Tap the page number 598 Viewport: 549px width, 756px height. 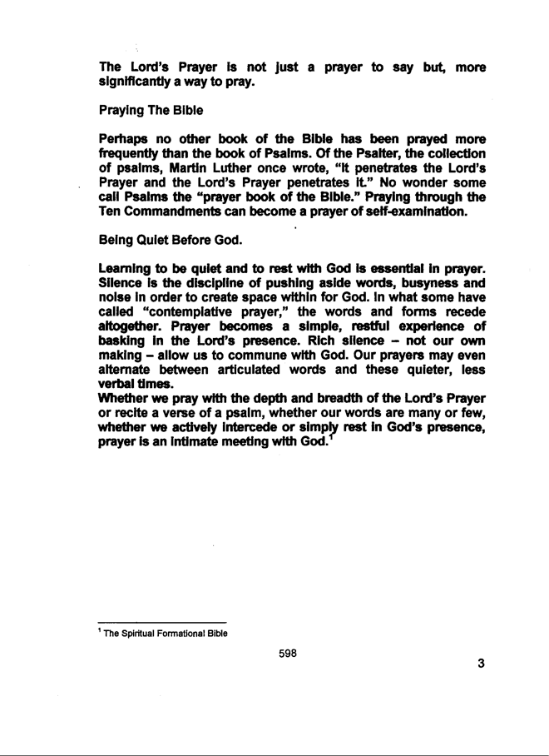pyautogui.click(x=288, y=653)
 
